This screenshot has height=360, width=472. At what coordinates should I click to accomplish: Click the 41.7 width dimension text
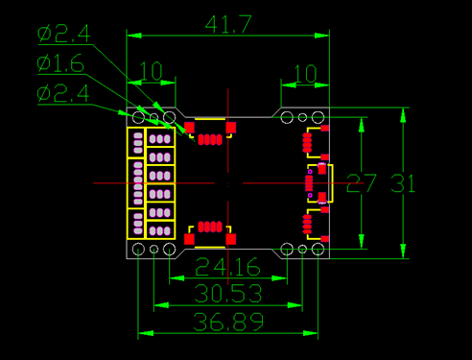(x=228, y=24)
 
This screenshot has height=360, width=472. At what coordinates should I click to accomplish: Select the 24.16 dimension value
(x=227, y=267)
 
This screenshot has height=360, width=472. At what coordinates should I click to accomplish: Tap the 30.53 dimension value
(x=228, y=294)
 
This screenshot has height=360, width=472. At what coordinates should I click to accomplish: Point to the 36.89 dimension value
(x=228, y=322)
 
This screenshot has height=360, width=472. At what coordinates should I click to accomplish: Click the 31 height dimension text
(x=403, y=183)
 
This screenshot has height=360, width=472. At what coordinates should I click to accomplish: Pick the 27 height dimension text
(x=362, y=183)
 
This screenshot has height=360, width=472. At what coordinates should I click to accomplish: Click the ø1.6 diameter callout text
(x=60, y=63)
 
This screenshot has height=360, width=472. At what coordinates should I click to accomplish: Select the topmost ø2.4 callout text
(x=63, y=34)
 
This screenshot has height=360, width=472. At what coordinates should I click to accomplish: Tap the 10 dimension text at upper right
(x=305, y=74)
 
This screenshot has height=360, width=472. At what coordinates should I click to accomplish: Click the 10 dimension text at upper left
(x=151, y=71)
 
